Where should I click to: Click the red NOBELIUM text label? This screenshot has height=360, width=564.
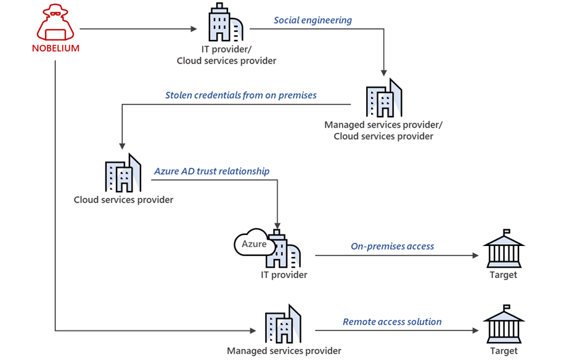click(x=55, y=48)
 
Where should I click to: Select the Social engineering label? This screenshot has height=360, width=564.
click(x=313, y=20)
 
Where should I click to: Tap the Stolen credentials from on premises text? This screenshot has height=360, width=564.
click(x=240, y=96)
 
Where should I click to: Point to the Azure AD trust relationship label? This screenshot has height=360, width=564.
click(x=211, y=171)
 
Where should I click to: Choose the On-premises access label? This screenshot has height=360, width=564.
click(x=392, y=247)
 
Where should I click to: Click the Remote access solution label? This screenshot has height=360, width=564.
click(x=392, y=322)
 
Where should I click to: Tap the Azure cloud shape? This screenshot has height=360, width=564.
click(x=253, y=244)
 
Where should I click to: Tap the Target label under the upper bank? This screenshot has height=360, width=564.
click(x=503, y=275)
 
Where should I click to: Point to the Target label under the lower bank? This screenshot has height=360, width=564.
click(x=503, y=351)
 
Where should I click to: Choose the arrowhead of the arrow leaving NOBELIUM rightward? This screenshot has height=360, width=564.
click(x=193, y=28)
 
